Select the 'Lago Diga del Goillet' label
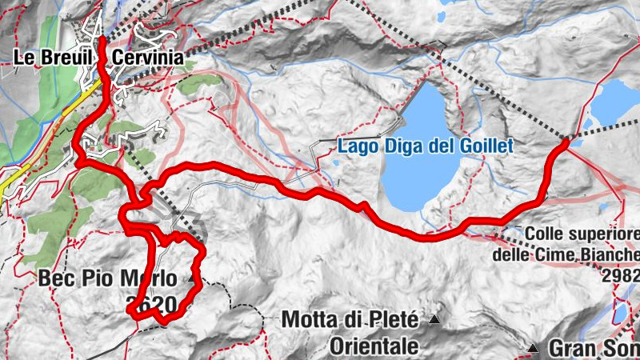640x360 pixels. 424,146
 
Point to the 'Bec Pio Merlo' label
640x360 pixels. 118,279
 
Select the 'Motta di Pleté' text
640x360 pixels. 350,321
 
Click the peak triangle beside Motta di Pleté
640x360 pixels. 434,321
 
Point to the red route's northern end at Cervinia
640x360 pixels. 103,38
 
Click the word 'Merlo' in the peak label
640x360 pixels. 169,279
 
